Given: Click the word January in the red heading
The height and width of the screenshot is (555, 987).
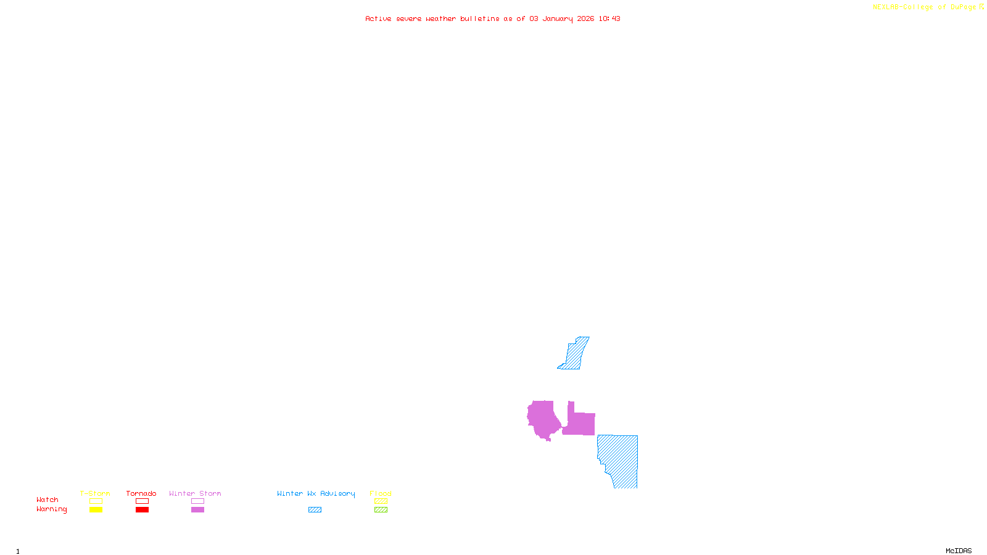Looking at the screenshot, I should coord(558,19).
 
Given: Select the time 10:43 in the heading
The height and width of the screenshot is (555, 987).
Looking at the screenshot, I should coord(609,19).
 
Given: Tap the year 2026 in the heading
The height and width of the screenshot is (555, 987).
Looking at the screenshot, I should coord(585,19).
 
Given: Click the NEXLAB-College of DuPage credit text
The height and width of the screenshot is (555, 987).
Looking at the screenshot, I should coord(924,7).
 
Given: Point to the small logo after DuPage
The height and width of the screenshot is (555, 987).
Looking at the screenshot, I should coord(981,7).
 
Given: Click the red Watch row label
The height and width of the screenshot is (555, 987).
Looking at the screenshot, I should coord(47,500).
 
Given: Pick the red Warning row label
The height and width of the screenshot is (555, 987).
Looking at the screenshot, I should coord(52,509).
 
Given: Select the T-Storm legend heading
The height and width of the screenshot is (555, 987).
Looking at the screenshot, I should coord(95,493).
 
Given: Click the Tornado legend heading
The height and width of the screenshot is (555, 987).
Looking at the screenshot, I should coord(141,493).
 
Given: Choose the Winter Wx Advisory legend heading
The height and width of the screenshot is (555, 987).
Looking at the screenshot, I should coord(316,493).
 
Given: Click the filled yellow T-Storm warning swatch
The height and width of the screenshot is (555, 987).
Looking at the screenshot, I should coord(96,510).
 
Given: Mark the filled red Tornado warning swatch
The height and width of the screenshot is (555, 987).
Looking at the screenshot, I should coord(142,510).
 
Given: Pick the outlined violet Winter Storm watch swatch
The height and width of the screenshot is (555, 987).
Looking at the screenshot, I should coord(197,501).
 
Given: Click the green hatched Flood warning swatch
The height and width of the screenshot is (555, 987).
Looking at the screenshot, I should coord(381,510).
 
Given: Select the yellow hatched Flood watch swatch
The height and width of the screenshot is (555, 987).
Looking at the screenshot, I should coord(381,501).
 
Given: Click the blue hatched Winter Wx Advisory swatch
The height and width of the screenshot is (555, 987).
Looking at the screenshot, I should coord(315,510).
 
